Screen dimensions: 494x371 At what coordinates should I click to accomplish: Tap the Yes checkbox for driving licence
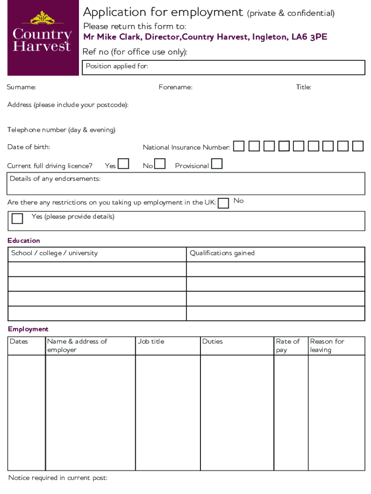point(124,164)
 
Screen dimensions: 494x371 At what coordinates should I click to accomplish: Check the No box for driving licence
point(160,164)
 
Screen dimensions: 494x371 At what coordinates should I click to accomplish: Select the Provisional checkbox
point(217,164)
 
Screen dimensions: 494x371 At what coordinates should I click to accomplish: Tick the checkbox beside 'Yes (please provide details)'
point(17,219)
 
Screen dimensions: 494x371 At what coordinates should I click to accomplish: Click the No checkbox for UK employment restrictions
point(223,203)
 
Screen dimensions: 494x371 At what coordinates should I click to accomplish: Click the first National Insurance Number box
point(239,146)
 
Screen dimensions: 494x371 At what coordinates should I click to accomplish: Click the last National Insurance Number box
point(358,146)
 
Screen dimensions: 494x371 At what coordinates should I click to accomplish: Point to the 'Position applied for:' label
point(117,66)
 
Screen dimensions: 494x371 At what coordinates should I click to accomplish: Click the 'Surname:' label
point(21,87)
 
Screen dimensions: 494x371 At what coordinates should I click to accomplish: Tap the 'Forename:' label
point(175,87)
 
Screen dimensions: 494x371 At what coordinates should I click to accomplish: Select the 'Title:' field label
point(304,87)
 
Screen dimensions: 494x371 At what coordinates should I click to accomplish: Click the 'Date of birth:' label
point(28,147)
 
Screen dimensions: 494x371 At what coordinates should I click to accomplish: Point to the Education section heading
point(24,241)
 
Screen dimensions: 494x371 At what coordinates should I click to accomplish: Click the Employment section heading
point(28,329)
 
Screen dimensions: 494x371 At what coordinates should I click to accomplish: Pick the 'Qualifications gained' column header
point(222,253)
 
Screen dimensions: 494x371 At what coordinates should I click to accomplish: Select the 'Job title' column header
point(151,342)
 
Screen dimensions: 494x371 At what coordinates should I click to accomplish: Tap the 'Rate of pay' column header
point(288,345)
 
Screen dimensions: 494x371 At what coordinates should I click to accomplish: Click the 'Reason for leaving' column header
point(327,345)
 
